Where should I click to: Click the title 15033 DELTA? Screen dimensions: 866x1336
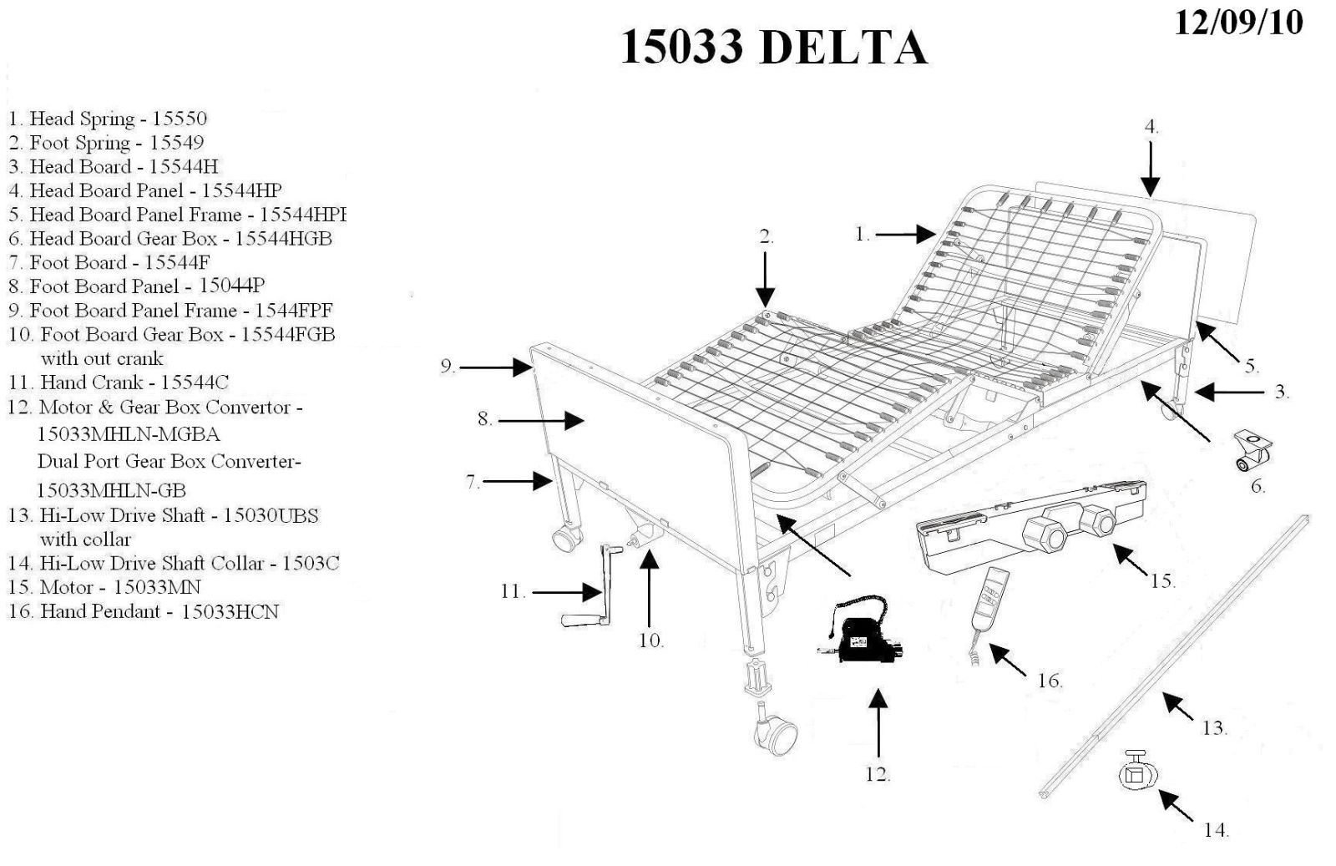773,48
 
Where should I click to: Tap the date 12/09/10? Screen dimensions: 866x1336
1237,23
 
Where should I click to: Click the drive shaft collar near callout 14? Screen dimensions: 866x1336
1137,772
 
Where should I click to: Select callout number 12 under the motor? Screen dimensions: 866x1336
877,775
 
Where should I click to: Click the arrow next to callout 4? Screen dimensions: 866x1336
1151,170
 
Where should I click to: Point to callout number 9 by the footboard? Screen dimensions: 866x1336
447,367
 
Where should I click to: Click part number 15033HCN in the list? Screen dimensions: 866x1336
230,612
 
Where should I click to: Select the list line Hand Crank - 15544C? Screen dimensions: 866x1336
119,382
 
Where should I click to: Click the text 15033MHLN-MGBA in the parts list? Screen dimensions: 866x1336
128,434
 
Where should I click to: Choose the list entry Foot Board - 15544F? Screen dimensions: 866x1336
109,262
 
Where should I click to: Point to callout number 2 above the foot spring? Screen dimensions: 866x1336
766,237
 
